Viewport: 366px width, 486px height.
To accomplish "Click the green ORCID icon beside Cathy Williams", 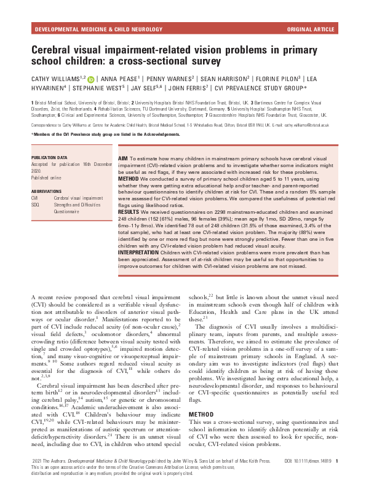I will (91, 78).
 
